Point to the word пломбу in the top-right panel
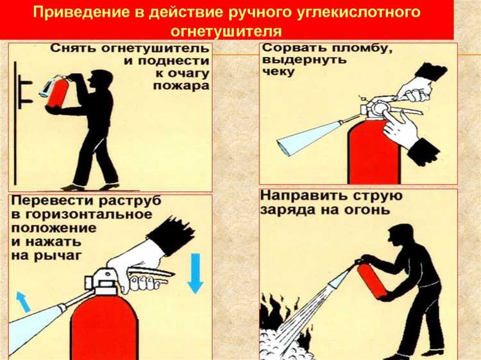pos(344,48)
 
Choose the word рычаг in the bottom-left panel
pos(66,255)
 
